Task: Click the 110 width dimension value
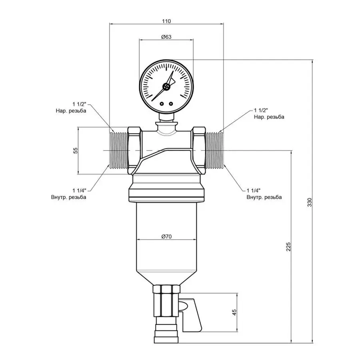coord(167,21)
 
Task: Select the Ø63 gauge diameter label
coord(166,37)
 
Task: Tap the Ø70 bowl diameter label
coord(166,237)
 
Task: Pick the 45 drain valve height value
coord(235,312)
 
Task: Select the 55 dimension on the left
coord(74,150)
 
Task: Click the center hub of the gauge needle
coord(166,87)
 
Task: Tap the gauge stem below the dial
coord(166,117)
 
